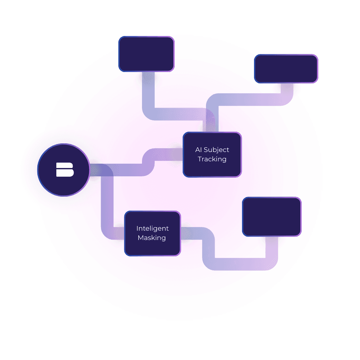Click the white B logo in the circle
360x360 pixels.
65,170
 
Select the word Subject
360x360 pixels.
216,150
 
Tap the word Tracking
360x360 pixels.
212,159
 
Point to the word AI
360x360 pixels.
198,150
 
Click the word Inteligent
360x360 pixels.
152,229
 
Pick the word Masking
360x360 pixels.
152,238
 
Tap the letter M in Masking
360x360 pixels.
141,238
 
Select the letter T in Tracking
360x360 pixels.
200,159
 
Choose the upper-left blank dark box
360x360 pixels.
146,54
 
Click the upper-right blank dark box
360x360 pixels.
286,69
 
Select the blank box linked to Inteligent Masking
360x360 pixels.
272,217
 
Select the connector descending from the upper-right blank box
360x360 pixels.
253,100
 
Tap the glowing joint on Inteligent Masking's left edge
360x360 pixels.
119,233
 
